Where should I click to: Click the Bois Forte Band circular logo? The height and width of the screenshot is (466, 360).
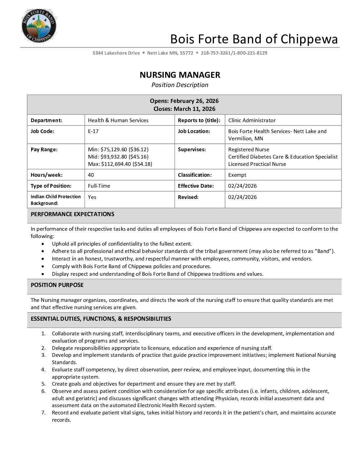click(39, 26)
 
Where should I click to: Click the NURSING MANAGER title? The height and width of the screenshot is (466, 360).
click(180, 75)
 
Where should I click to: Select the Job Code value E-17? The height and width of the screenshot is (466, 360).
click(93, 131)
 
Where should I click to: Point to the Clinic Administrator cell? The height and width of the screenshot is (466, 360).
click(252, 120)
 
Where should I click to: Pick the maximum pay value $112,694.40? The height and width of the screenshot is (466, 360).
click(116, 164)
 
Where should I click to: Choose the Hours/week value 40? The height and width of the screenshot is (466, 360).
click(91, 175)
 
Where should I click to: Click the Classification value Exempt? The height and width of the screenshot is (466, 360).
click(237, 175)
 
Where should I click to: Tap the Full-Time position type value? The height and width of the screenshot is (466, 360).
click(99, 186)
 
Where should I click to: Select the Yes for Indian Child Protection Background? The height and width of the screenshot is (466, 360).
click(92, 197)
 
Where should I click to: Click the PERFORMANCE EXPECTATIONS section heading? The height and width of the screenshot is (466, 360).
click(72, 214)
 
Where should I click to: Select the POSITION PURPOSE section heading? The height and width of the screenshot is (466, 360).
click(57, 285)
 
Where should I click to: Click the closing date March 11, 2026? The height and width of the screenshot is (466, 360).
click(195, 109)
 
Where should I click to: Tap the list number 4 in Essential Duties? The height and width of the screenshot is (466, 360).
click(43, 370)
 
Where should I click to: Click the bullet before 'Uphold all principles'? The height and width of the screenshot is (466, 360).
click(43, 244)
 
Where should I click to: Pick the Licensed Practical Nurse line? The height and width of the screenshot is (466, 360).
click(257, 164)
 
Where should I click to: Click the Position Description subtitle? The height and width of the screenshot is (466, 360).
click(180, 85)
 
